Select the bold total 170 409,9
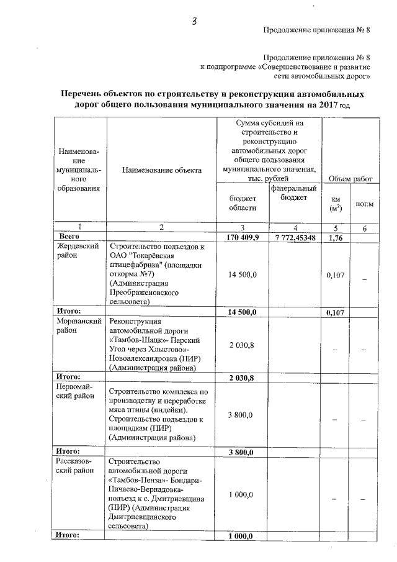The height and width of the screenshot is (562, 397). coord(242,237)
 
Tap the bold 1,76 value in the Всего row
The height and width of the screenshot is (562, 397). coord(336,237)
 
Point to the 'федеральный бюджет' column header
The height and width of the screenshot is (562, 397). coord(295,193)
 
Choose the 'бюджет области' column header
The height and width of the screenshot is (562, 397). coord(242,202)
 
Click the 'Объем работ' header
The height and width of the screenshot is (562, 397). coord(350,178)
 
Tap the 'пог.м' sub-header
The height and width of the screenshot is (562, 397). coord(365,204)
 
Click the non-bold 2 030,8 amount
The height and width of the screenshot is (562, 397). coord(242,345)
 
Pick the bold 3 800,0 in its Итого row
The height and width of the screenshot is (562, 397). coord(242,451)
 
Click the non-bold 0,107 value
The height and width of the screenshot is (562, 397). coord(336,274)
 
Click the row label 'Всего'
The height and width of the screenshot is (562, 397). coord(69,237)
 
